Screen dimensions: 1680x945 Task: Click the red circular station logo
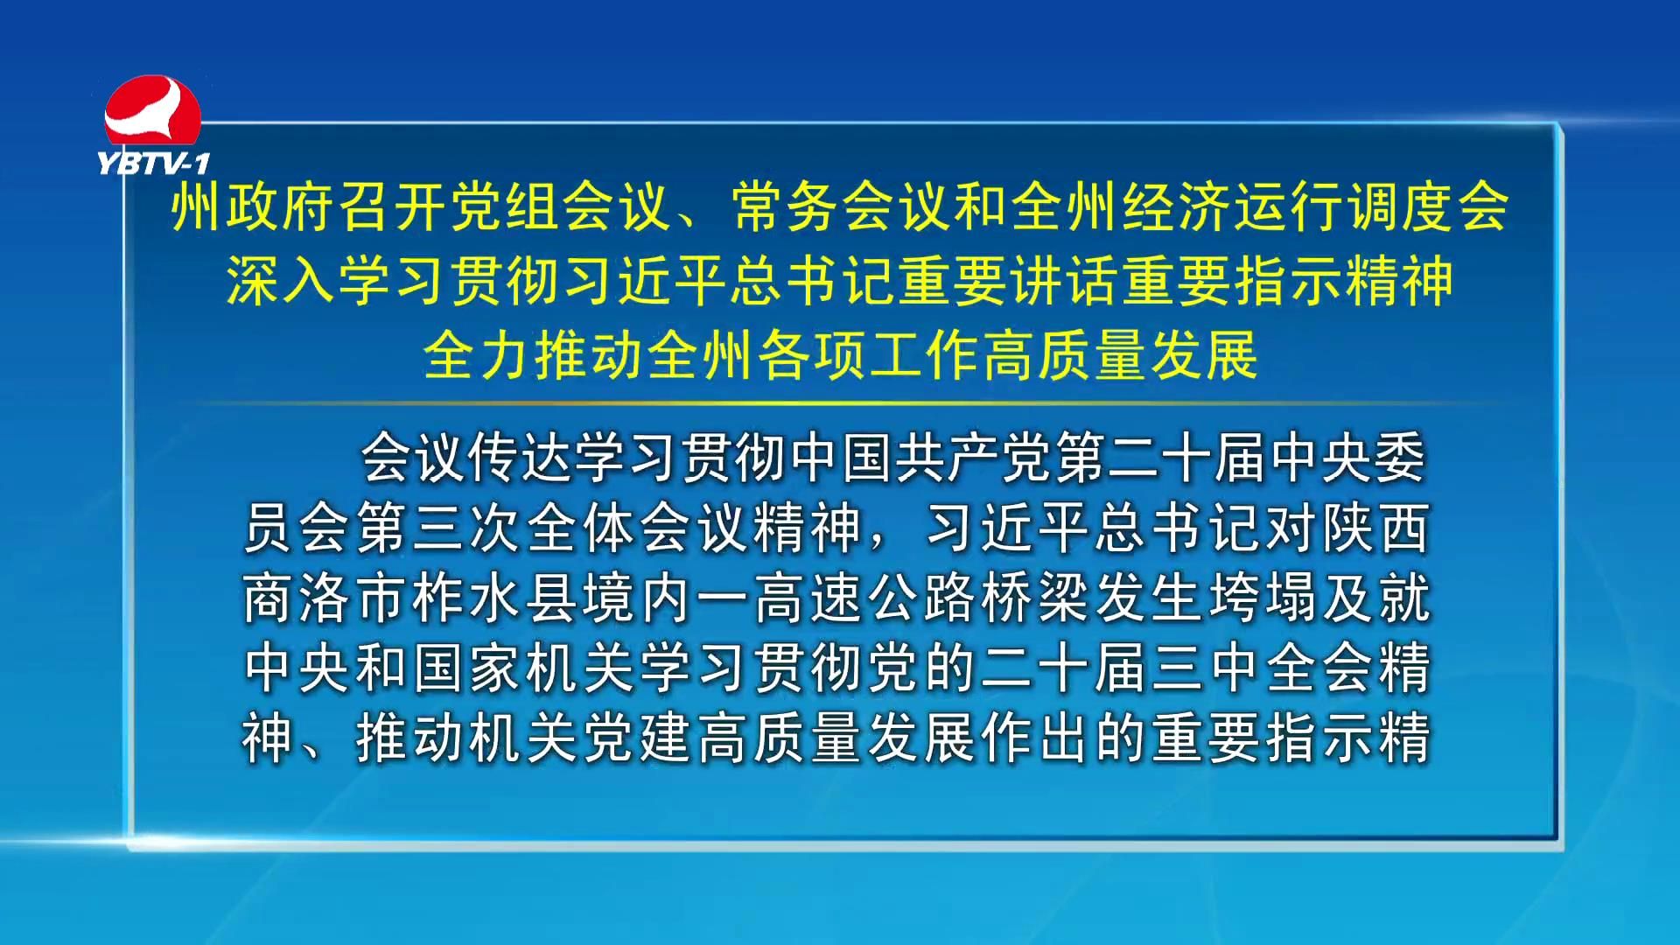(153, 112)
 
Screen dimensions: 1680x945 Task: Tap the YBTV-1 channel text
(154, 164)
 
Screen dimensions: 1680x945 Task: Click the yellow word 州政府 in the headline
(254, 207)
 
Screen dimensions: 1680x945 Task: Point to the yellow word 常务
(786, 207)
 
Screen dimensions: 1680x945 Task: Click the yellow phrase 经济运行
(1234, 207)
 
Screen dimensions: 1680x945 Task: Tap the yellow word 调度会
(1429, 207)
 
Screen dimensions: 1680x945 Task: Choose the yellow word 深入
(282, 281)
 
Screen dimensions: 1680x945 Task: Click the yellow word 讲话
(1066, 281)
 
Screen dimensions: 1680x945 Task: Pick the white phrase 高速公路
(863, 598)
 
